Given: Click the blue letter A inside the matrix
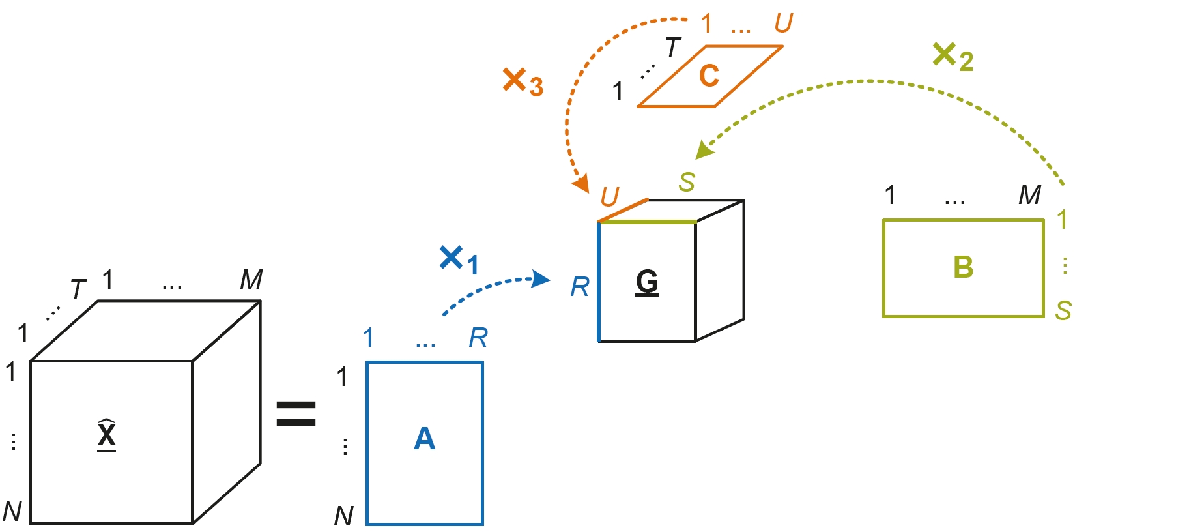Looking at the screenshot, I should (x=424, y=439).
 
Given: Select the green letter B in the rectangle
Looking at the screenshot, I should (x=963, y=267).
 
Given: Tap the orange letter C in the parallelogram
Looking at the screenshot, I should (x=709, y=76).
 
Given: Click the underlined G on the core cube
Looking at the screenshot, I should (x=647, y=282).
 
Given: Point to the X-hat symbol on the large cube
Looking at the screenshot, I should (x=107, y=434).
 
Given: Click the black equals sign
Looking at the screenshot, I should (x=296, y=414).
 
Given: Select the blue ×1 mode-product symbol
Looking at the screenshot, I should (x=459, y=260).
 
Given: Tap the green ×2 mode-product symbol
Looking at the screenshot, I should (x=952, y=57).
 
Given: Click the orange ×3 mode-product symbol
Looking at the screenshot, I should (x=523, y=83).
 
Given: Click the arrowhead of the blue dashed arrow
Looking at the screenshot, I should (x=541, y=279).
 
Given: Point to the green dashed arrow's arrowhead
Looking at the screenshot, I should (x=704, y=150).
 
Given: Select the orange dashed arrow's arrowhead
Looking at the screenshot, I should (x=580, y=185).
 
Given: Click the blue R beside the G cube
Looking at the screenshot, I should (x=579, y=287).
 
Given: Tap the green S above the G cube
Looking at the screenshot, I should (x=687, y=182).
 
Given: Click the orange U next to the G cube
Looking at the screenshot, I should (x=610, y=196).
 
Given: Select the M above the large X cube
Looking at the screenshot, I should (x=251, y=280).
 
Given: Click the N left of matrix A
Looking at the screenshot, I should (x=343, y=516).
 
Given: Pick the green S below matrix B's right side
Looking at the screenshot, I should (x=1063, y=310).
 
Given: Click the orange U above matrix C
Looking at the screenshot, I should (x=783, y=23).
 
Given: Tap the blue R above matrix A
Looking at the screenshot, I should (x=478, y=338).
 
